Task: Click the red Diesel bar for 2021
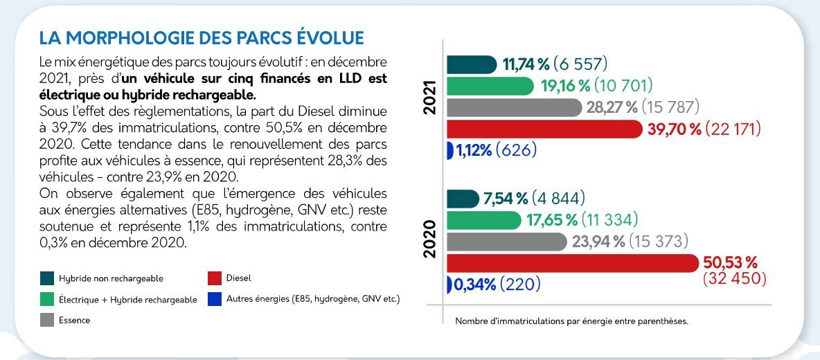544,129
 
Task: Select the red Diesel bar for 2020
572,263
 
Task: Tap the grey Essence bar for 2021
514,107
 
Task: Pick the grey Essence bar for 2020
506,242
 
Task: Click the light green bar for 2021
490,86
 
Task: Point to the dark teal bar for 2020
463,199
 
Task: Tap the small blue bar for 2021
449,150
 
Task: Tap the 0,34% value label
475,284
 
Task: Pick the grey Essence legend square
47,320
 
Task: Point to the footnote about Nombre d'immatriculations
571,321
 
